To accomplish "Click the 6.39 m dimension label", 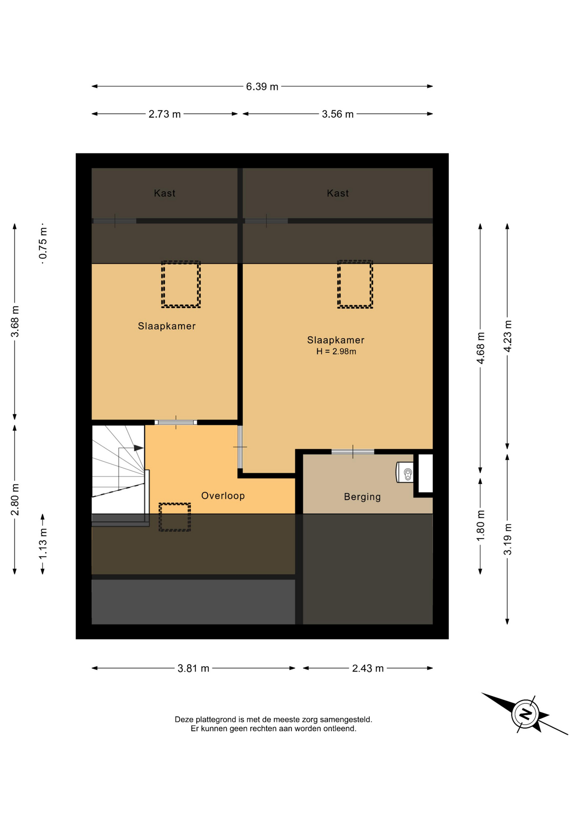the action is tap(262, 86).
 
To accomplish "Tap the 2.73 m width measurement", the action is tap(165, 114).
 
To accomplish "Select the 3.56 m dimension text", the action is tap(338, 114).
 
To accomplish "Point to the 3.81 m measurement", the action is tap(193, 668).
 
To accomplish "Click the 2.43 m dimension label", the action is tap(368, 668).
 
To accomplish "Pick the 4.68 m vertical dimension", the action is tap(481, 348).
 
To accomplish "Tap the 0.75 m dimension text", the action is tap(43, 243).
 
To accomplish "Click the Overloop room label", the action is tap(223, 496).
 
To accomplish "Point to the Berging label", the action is tap(362, 497).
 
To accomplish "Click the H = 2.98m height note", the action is tap(336, 351).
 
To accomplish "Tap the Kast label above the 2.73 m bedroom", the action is tap(165, 193).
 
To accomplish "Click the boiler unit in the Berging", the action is tap(405, 472).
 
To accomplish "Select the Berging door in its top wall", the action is tap(353, 452).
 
